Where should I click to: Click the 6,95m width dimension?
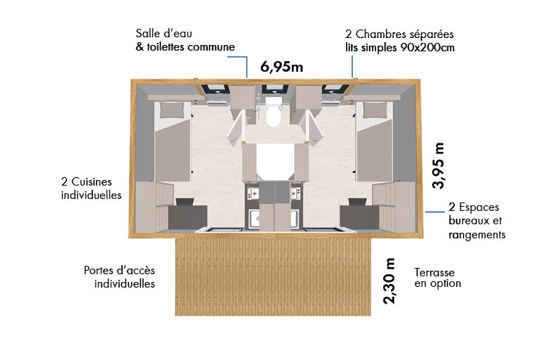(281, 67)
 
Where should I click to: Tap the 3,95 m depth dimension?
(439, 165)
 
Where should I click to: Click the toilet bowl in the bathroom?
(273, 115)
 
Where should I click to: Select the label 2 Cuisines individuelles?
(91, 188)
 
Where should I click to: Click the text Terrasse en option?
(437, 278)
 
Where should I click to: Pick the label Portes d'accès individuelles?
(120, 277)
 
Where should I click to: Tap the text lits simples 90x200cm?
(400, 47)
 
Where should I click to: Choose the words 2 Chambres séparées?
(399, 34)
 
